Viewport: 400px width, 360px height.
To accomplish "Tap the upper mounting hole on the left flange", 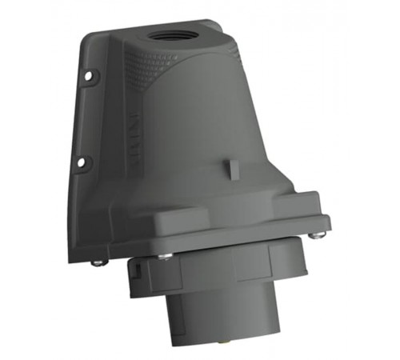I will tap(87, 77).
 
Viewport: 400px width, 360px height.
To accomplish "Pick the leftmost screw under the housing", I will tap(98, 262).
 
